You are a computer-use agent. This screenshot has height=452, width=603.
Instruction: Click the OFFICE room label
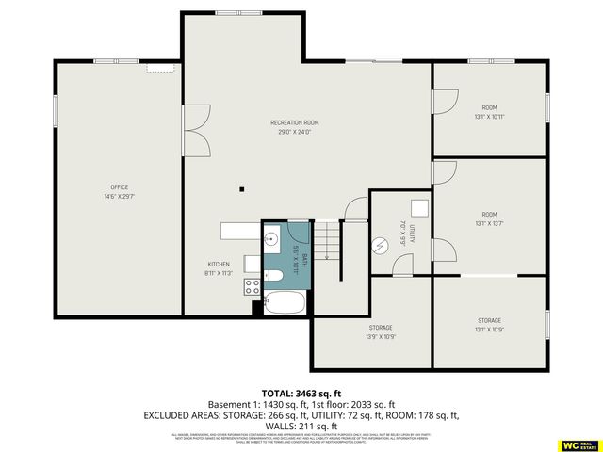pos(119,186)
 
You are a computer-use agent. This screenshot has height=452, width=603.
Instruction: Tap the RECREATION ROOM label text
pos(294,123)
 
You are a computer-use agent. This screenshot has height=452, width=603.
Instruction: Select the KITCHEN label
pos(219,264)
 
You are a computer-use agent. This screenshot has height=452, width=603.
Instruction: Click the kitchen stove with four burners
pos(253,285)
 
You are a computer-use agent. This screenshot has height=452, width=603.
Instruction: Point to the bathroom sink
pos(272,238)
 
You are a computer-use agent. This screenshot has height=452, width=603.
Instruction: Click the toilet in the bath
pos(274,275)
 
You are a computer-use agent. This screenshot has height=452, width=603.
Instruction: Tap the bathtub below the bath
pos(284,303)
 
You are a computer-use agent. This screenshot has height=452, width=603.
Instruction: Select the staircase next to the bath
pos(326,240)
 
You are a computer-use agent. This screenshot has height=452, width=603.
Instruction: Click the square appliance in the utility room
pos(420,208)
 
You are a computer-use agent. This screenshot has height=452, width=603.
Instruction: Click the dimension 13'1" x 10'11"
pos(489,117)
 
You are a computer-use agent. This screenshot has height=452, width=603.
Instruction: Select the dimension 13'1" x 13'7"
pos(489,224)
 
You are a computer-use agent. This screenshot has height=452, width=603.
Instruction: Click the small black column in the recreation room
pos(241,186)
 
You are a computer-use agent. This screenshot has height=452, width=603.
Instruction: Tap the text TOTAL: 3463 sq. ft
pos(301,394)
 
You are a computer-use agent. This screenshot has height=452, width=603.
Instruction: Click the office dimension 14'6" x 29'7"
pos(119,196)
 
